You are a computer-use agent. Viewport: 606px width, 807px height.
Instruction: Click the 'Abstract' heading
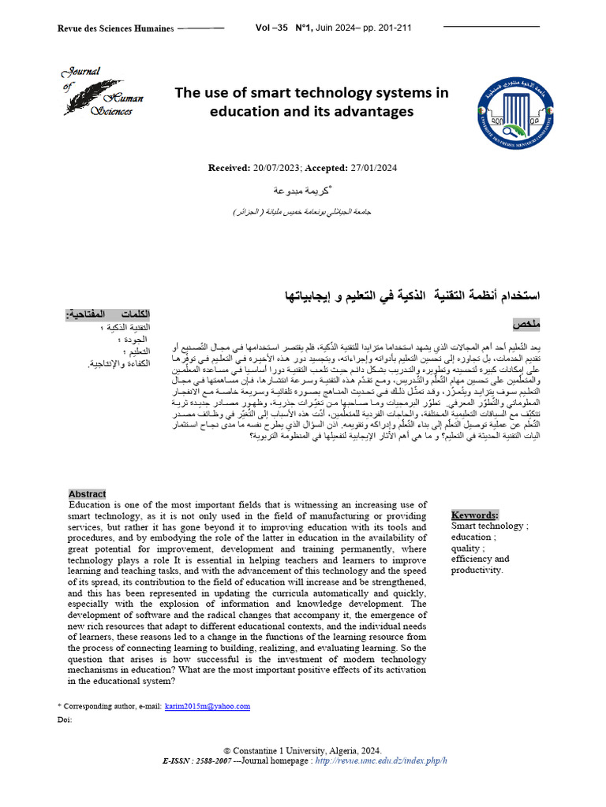tap(87, 494)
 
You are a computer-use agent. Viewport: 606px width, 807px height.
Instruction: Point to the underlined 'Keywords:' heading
tap(474, 514)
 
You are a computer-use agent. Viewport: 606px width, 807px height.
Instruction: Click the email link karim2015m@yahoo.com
tap(208, 706)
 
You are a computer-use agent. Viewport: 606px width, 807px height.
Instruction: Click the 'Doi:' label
tap(65, 720)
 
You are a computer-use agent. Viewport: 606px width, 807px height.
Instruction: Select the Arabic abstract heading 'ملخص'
tap(526, 324)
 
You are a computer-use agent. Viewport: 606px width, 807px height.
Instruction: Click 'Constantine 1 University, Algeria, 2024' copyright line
tap(308, 750)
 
